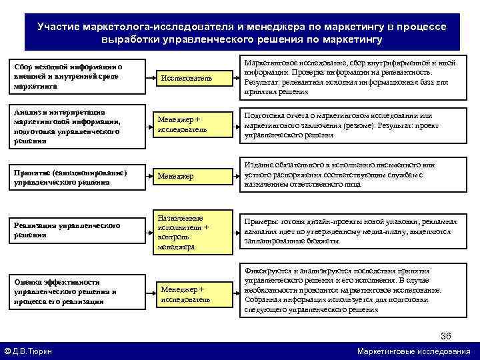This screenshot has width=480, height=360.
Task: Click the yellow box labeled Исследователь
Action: [184, 79]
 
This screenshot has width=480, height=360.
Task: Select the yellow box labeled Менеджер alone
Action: [184, 176]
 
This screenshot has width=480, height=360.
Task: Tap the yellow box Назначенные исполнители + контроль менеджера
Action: [184, 232]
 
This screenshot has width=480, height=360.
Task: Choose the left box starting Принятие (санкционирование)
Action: [73, 178]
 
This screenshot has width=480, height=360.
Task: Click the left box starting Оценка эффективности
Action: [73, 292]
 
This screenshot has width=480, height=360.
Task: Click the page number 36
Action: [446, 335]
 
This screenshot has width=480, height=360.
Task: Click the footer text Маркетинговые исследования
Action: [413, 351]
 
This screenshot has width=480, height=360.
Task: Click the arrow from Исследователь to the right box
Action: [227, 79]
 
